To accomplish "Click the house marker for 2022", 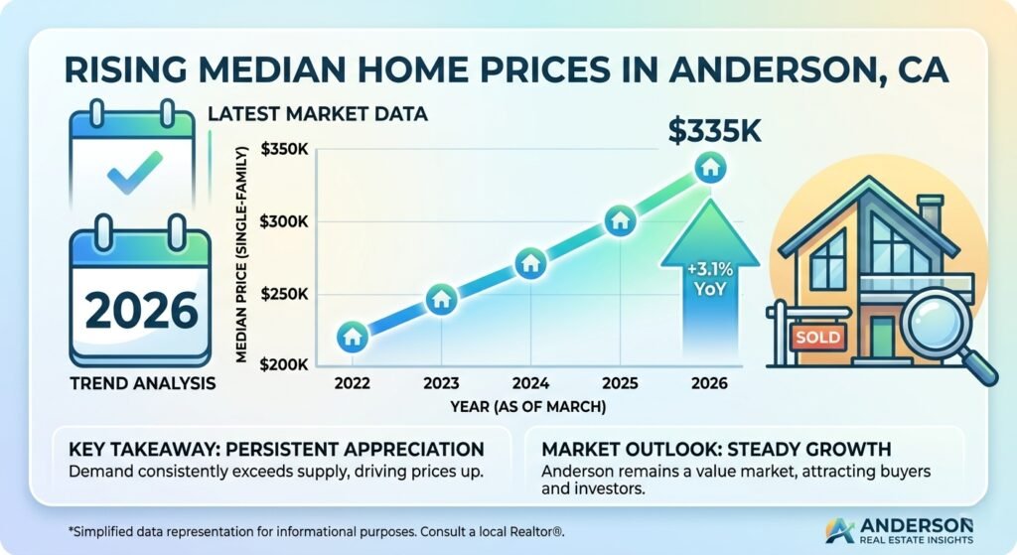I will [352, 337].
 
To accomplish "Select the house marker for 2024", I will [530, 263].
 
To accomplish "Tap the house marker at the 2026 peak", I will [709, 168].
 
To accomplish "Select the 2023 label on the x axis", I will [441, 383].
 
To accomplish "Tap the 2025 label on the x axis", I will [619, 383].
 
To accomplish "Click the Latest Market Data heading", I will [318, 114].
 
